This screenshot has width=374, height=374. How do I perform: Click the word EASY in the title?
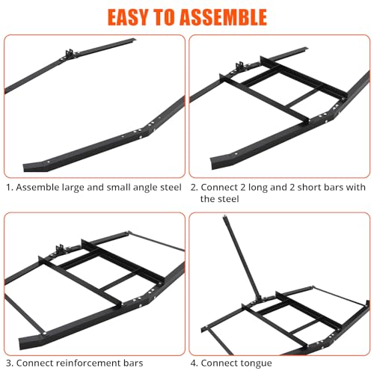point(128,17)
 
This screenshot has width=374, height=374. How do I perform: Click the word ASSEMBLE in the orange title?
point(223,17)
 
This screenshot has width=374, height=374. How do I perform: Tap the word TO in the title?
point(164,17)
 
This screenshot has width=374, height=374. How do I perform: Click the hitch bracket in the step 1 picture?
point(69,54)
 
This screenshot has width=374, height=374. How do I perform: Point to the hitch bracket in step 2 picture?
point(239,66)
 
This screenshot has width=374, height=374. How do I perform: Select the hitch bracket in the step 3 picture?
point(60,249)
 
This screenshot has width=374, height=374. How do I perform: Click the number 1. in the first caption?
point(10,188)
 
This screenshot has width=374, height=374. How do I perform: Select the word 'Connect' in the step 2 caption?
point(219,187)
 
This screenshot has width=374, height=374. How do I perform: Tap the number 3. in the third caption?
point(10,363)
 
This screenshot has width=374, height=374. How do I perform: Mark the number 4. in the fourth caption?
point(194,363)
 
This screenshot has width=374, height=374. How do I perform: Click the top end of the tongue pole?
point(224,216)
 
